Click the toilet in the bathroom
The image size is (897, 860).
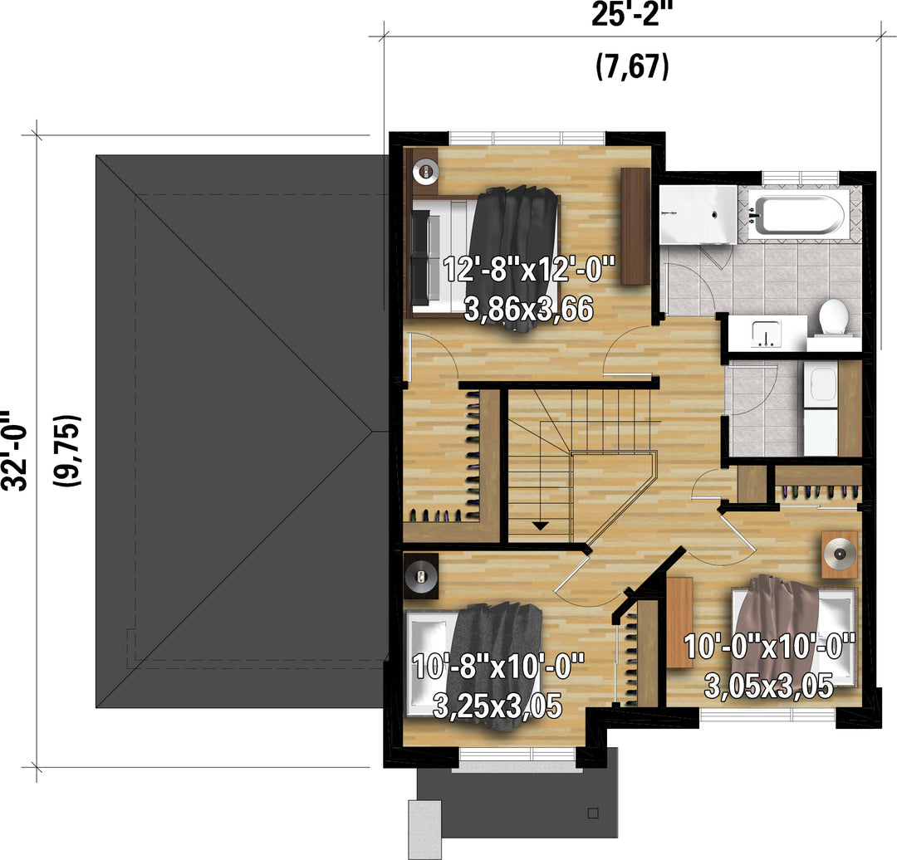(834, 319)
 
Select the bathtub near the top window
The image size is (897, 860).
(795, 215)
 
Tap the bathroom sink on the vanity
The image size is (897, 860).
(766, 334)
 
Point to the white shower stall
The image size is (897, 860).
(698, 214)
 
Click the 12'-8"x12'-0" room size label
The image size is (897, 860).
(529, 269)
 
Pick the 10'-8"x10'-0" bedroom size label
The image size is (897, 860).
(498, 666)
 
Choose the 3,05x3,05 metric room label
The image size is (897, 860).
(768, 686)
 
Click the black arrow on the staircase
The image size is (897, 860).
(540, 525)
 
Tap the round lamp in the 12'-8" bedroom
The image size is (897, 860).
(425, 169)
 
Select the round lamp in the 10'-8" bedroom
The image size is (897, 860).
(421, 576)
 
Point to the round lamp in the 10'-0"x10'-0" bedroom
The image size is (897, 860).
(839, 554)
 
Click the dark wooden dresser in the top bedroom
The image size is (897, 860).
(635, 226)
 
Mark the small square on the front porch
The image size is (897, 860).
(593, 813)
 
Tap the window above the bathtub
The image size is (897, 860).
(801, 177)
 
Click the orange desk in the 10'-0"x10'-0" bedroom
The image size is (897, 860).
(680, 622)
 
